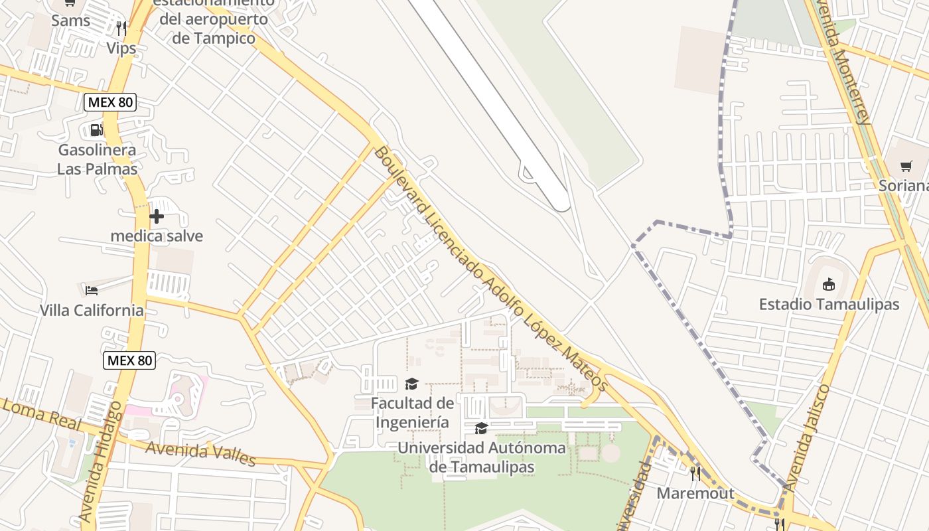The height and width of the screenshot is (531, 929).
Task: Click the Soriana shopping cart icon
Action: (906, 166)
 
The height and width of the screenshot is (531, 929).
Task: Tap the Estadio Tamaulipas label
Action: (829, 305)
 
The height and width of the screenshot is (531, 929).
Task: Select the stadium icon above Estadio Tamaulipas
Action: (828, 285)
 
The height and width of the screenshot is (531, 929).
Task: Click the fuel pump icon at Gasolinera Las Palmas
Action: (97, 129)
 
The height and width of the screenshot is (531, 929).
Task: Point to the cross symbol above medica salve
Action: (157, 216)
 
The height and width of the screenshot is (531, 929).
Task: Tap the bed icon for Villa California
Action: (92, 290)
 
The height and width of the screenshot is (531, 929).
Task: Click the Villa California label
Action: (92, 310)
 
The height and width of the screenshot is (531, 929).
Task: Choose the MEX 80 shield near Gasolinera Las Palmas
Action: (110, 102)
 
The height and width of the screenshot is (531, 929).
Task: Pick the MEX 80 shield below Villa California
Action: (129, 360)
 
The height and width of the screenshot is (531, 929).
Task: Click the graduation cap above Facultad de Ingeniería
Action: (411, 384)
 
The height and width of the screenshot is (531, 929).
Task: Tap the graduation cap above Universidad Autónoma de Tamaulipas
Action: (481, 428)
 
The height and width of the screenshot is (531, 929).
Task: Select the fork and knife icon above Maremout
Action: (695, 473)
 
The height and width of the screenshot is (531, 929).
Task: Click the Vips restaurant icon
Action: (121, 29)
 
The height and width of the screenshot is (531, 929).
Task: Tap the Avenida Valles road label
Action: (200, 453)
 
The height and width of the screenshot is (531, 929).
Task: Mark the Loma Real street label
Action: (41, 413)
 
